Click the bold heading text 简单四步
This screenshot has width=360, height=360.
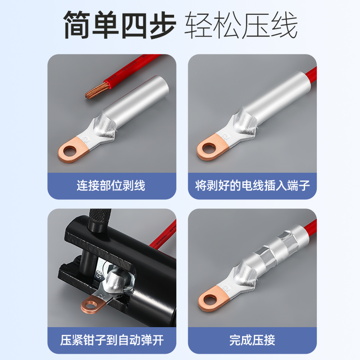coord(120,25)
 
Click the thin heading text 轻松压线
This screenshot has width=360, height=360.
coord(241,25)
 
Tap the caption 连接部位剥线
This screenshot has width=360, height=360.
coord(111,185)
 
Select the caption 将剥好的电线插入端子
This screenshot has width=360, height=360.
coord(252,185)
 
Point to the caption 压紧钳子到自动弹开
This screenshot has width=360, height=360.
coord(112,340)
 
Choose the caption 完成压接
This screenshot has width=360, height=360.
coord(252,340)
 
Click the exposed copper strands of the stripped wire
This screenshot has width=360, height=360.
coord(96,90)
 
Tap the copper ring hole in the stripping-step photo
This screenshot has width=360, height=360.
coord(70,151)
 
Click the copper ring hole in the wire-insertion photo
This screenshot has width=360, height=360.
coord(209,148)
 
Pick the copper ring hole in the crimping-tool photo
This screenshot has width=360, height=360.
coord(90,305)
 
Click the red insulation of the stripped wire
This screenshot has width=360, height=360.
coord(133,69)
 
